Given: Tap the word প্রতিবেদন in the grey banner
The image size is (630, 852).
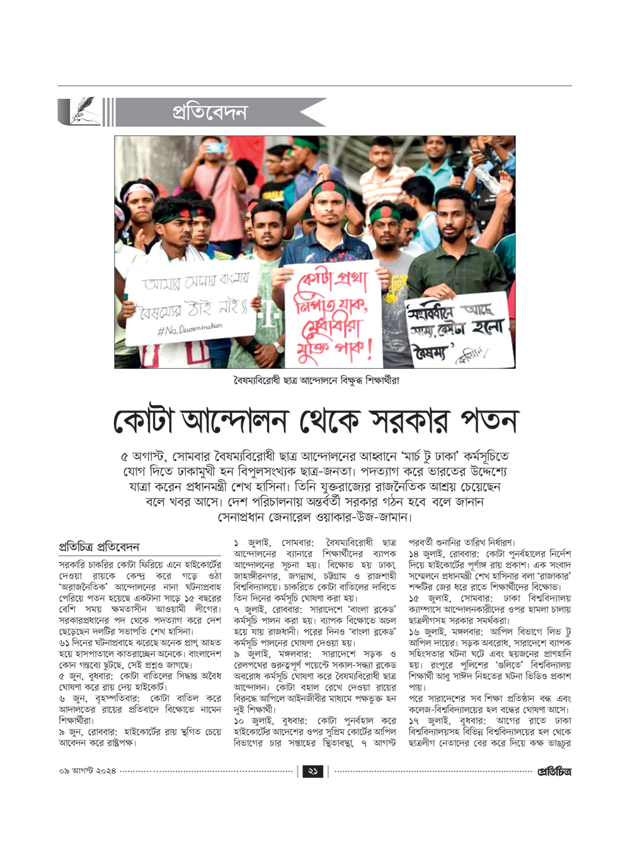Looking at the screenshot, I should (x=210, y=112).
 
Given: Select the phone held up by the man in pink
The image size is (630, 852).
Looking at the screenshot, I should (x=215, y=148).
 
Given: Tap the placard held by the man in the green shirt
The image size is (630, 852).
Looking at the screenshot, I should (x=455, y=331).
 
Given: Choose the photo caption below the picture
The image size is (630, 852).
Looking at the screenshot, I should (x=315, y=380).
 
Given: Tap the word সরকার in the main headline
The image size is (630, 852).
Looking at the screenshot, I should (x=399, y=421).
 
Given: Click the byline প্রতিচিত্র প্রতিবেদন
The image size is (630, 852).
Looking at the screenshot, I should (x=98, y=547).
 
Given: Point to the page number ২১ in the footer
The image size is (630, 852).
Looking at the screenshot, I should (x=313, y=771).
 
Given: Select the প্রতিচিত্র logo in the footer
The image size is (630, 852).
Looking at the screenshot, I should (x=554, y=771).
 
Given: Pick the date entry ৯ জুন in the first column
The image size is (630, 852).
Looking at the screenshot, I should (x=74, y=732).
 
